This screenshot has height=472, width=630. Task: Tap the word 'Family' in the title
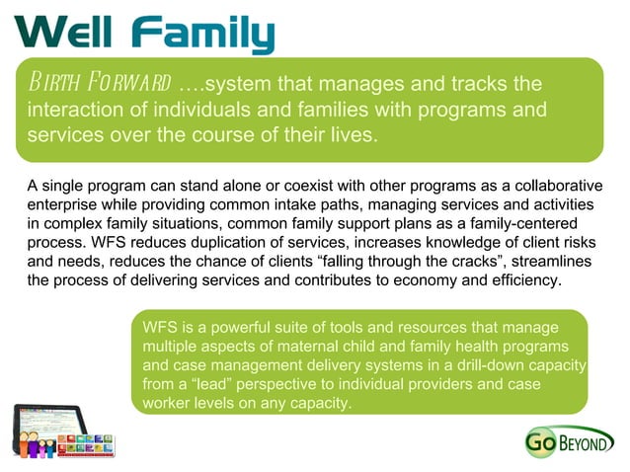point(202,34)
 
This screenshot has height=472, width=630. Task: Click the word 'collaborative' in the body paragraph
point(549,186)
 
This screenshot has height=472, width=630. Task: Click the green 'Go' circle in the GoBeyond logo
point(543,443)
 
